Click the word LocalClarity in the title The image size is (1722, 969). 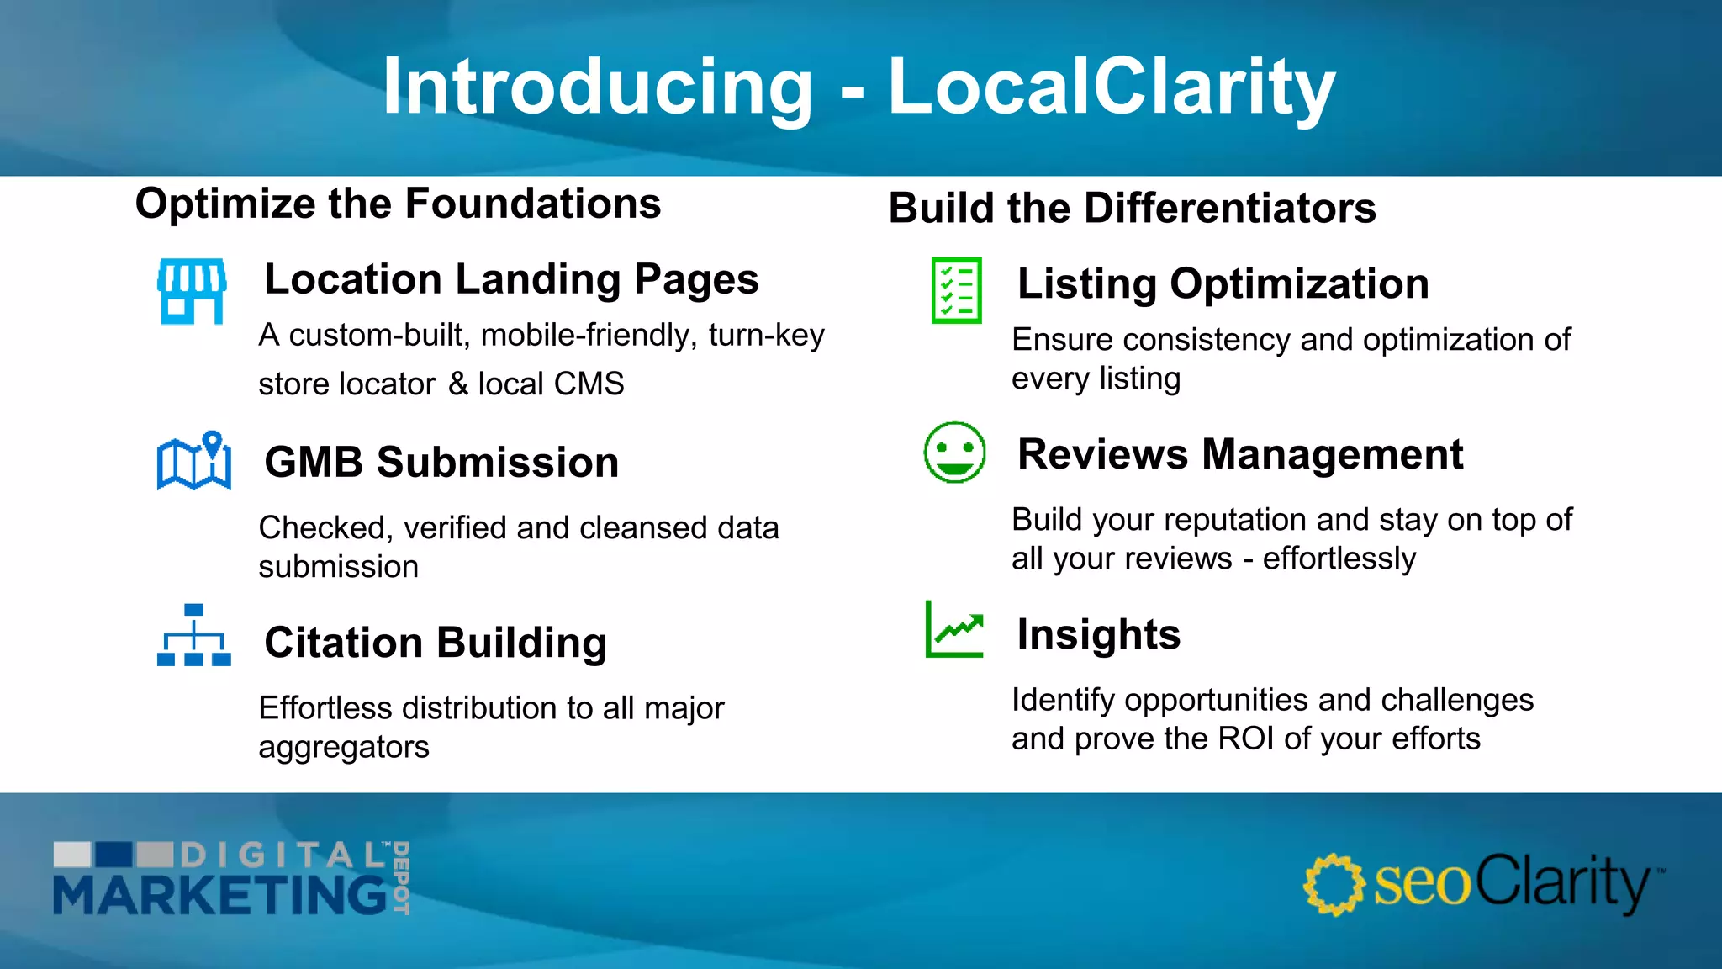[1112, 87]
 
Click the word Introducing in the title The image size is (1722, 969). [598, 87]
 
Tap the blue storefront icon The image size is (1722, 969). [193, 291]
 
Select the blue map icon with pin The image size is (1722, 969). [194, 461]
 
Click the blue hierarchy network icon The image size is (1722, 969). [194, 635]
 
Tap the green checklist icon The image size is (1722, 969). [956, 290]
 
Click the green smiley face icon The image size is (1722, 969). [954, 453]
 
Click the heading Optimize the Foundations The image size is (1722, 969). [398, 204]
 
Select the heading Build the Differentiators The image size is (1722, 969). [1132, 208]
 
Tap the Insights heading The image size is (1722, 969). [1098, 634]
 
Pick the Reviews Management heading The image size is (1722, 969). [1239, 454]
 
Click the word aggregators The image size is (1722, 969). [343, 747]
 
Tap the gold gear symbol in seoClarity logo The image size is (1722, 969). [1333, 884]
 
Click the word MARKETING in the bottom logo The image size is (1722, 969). [220, 895]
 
